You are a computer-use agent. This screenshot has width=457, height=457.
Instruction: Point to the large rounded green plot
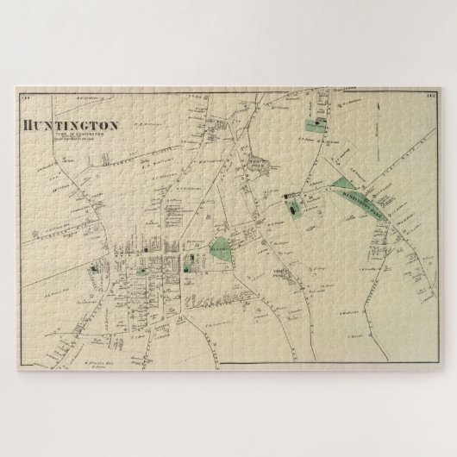(222, 250)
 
